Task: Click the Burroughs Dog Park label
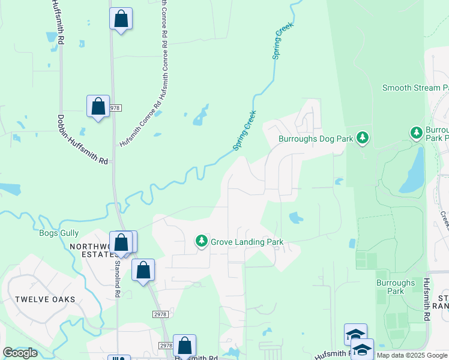tap(315, 139)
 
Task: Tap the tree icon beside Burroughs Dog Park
tap(362, 138)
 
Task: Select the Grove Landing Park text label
tap(247, 242)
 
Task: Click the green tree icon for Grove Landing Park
tap(202, 241)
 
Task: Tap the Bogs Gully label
tap(59, 233)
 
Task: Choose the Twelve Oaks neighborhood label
tap(46, 299)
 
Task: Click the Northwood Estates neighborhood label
tap(90, 250)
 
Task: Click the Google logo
tap(20, 353)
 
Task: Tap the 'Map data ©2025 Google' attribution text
tap(412, 355)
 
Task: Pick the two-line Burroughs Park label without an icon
tap(395, 287)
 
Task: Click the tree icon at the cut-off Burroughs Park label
tap(416, 132)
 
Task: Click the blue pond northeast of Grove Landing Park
tap(297, 218)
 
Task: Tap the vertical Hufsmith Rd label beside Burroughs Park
tap(427, 300)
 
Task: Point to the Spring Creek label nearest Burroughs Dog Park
tap(245, 130)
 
